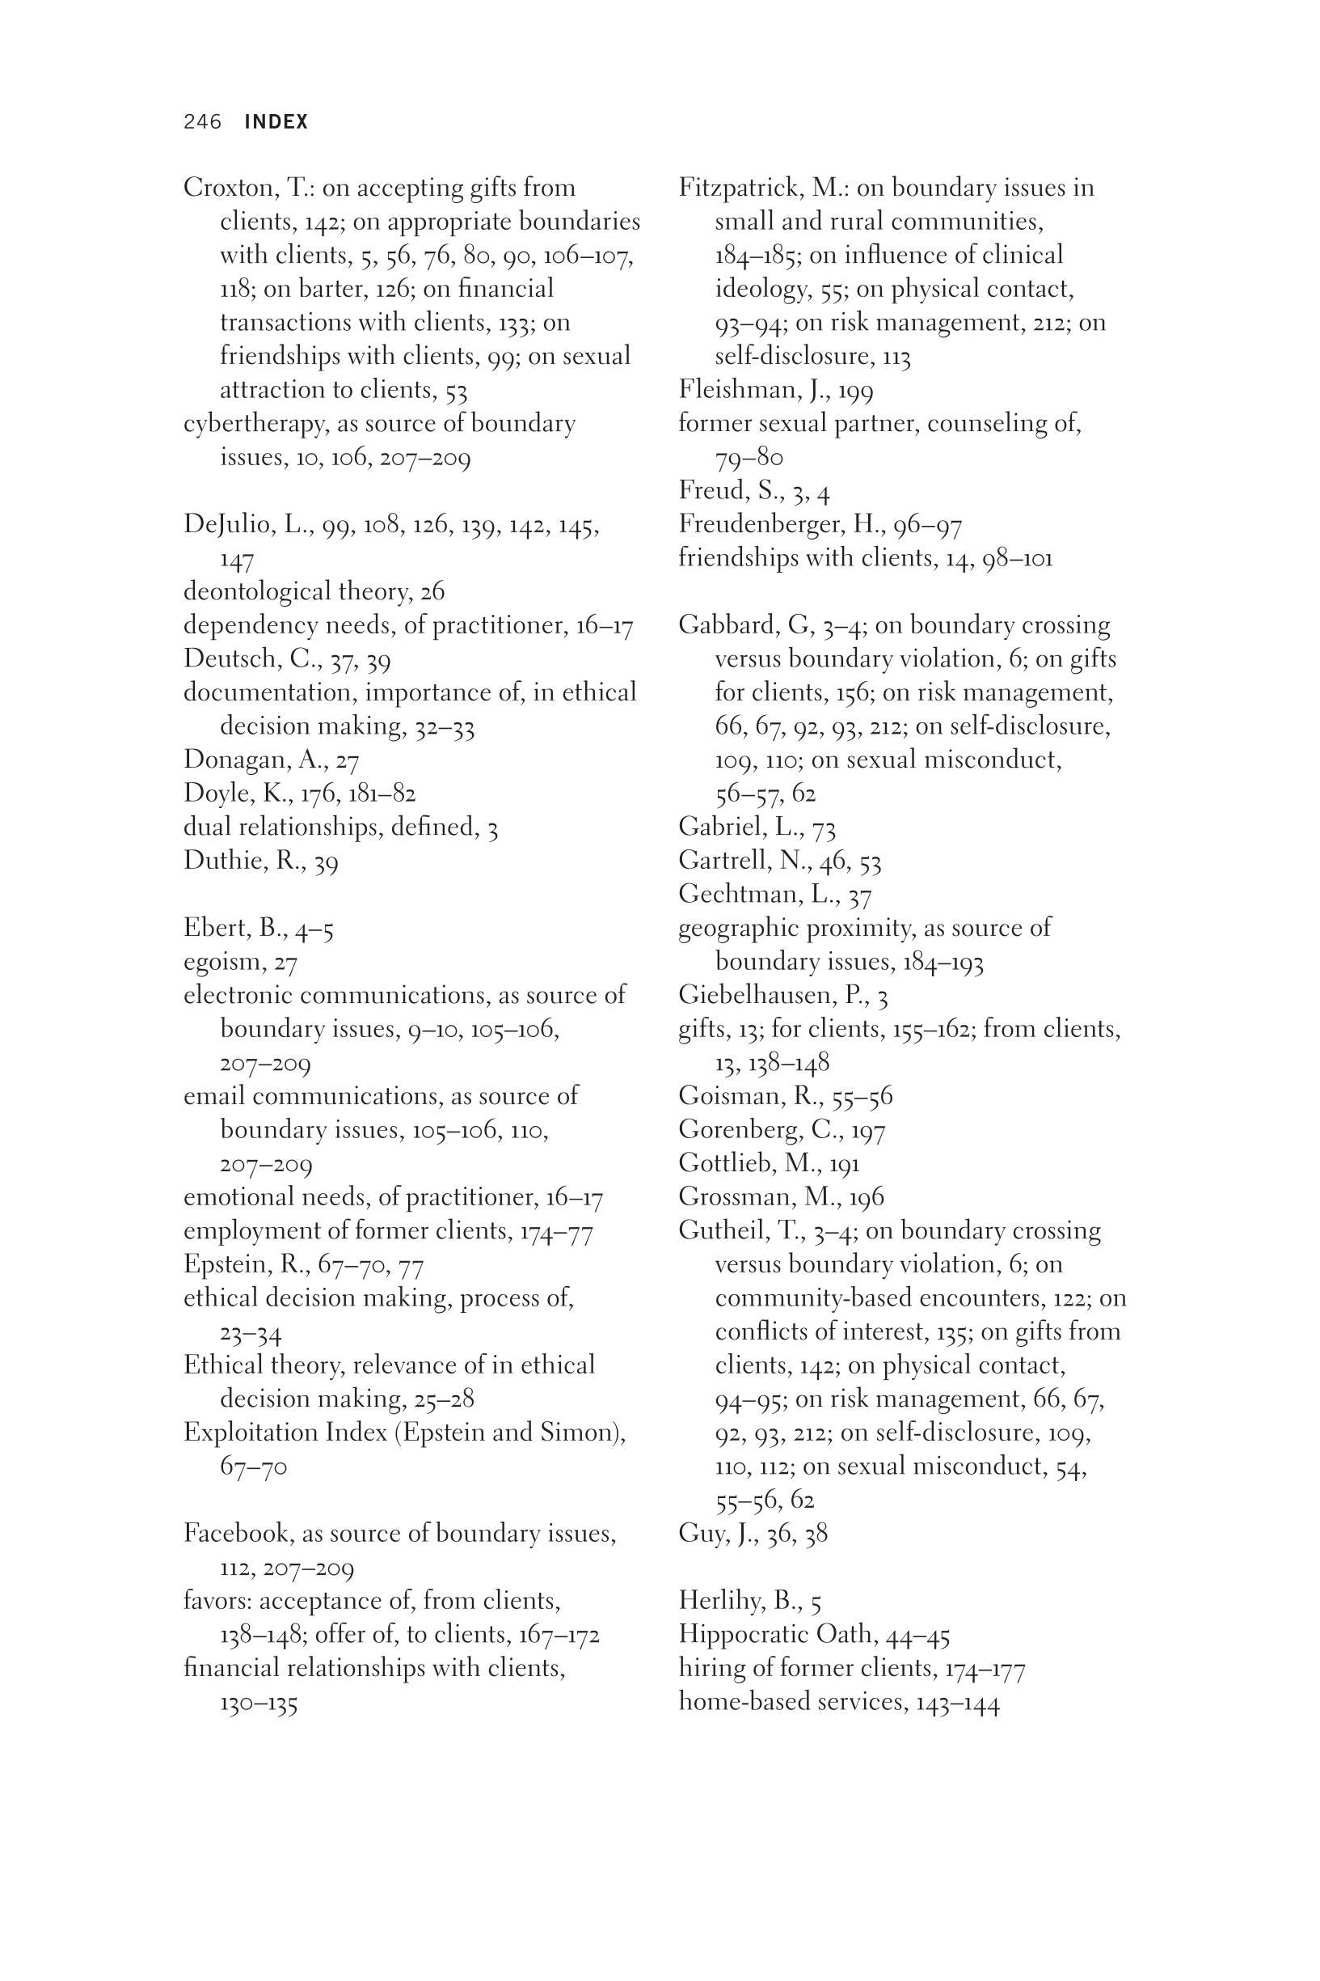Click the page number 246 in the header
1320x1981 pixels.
click(202, 122)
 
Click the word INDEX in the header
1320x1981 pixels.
click(276, 122)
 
